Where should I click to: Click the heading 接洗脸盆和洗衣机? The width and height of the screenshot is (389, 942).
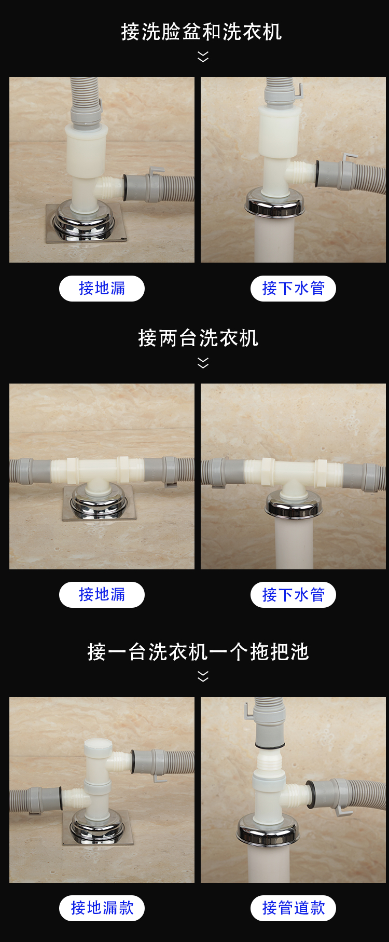[x=201, y=32]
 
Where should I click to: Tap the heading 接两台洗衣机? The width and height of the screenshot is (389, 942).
[x=198, y=338]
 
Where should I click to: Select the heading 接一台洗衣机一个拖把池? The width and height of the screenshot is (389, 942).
[x=198, y=652]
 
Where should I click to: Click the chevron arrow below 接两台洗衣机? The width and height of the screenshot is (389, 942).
[x=203, y=363]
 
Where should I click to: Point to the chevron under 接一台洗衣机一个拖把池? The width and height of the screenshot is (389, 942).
[x=203, y=676]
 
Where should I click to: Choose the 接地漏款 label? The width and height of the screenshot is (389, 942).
[x=102, y=908]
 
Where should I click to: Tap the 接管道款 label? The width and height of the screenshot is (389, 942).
[x=293, y=908]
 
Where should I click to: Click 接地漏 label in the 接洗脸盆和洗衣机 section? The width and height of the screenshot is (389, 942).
[x=102, y=289]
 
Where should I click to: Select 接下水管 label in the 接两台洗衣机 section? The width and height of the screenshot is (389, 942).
[x=293, y=595]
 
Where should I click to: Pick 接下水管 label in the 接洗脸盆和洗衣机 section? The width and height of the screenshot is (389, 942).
[x=293, y=289]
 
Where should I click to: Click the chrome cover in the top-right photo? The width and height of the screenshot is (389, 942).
[x=275, y=204]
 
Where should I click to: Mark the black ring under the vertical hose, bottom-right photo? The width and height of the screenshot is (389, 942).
[x=270, y=746]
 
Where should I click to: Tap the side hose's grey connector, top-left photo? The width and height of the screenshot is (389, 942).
[x=136, y=187]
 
